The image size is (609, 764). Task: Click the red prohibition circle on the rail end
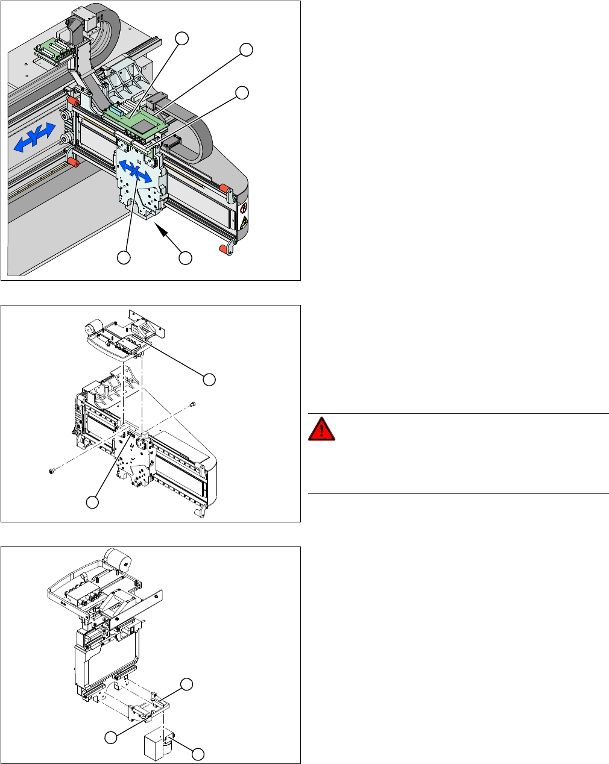pos(244,209)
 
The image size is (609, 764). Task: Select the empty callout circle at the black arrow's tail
pos(186,258)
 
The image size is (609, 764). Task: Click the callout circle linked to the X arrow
pos(124,258)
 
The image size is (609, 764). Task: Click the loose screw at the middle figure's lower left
pos(51,471)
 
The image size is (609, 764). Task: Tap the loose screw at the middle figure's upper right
pos(192,403)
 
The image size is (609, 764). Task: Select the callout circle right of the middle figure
pos(209,379)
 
